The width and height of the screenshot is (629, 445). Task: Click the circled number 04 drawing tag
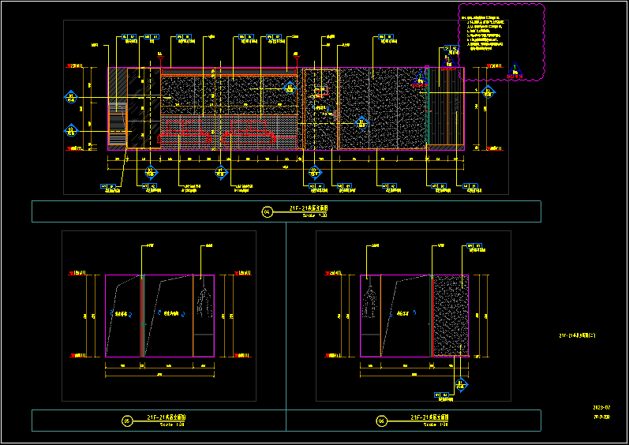267,211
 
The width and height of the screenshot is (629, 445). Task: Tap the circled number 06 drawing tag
381,421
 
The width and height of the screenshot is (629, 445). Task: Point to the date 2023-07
602,408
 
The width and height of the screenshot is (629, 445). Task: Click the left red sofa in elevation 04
186,136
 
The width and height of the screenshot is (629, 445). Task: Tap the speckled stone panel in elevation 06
450,316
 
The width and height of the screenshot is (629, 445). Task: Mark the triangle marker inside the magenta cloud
515,69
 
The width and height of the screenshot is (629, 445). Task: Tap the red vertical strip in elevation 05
142,316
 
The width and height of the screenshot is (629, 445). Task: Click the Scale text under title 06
436,424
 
